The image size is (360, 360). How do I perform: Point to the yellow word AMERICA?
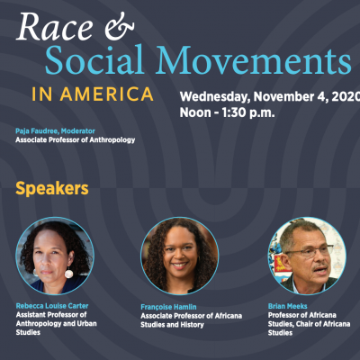[106, 94]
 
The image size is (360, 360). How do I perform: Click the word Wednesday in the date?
[214, 96]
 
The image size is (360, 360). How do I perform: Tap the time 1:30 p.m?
[248, 112]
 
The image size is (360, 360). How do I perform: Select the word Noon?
[195, 112]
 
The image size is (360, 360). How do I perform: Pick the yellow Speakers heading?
[52, 189]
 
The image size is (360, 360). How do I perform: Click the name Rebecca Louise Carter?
[52, 306]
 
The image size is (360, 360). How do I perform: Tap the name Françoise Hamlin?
[168, 307]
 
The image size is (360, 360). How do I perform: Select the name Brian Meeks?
[288, 306]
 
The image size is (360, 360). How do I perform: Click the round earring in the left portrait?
[68, 274]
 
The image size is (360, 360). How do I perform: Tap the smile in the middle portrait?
[179, 265]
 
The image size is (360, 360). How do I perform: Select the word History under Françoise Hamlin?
[193, 325]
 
